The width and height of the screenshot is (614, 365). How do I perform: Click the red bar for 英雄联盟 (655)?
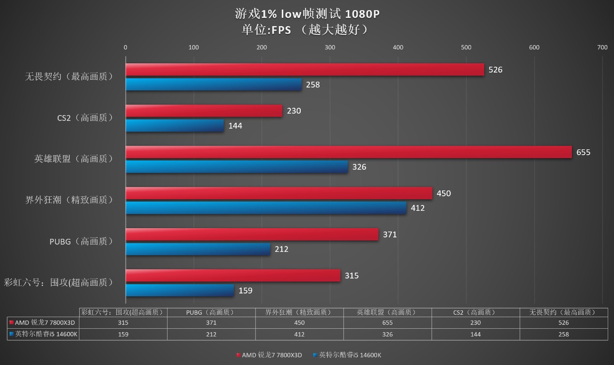[x=349, y=152]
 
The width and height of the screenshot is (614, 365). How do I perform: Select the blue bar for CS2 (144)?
[x=175, y=126]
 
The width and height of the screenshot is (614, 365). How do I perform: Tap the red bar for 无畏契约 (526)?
[x=305, y=70]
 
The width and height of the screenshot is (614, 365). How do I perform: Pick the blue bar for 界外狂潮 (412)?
[x=266, y=208]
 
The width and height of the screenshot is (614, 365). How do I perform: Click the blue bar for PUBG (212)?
[x=198, y=249]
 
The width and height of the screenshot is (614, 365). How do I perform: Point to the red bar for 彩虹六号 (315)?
[x=233, y=276]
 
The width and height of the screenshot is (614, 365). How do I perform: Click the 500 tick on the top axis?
[x=466, y=47]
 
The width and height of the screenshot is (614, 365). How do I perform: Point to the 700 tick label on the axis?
[x=602, y=47]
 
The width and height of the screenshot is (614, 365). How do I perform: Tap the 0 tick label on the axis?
[x=125, y=47]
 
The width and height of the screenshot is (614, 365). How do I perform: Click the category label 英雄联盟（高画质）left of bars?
[x=74, y=159]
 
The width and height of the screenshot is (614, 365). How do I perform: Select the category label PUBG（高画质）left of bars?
[x=81, y=241]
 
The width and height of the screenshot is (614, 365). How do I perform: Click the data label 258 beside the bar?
[x=313, y=85]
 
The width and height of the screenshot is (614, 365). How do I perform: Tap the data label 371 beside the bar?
[x=390, y=234]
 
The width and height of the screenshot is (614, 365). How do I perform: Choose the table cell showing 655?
[x=387, y=322]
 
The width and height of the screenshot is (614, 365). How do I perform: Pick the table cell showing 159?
[x=123, y=334]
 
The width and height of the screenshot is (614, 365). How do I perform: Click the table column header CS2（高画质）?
[x=475, y=312]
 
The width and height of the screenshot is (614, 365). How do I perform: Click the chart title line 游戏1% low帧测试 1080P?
[x=307, y=14]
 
